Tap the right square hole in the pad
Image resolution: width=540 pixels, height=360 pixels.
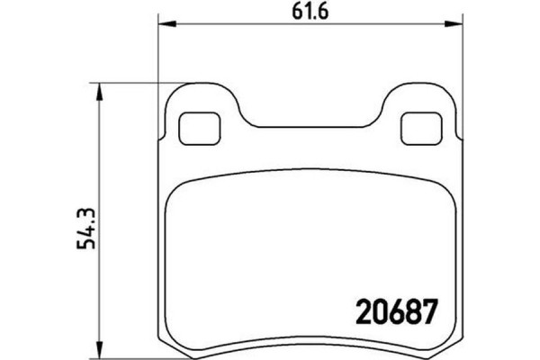[x=415, y=129]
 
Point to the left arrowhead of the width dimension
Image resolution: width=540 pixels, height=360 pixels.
[x=163, y=24]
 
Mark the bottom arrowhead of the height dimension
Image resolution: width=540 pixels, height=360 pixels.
[x=100, y=347]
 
